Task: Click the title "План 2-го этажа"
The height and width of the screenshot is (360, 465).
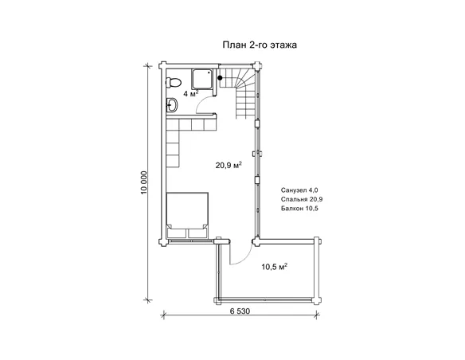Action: (x=260, y=45)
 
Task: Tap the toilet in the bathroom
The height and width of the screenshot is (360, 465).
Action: (x=174, y=82)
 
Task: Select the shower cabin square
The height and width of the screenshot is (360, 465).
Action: (x=202, y=79)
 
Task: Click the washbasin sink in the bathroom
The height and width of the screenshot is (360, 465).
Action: (x=172, y=105)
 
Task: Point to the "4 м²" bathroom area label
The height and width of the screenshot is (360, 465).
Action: (x=190, y=94)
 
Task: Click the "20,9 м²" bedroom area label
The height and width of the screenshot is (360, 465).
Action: (x=229, y=165)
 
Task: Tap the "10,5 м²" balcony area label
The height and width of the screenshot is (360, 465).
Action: (x=275, y=267)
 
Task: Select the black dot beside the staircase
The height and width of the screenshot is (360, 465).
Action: (x=220, y=78)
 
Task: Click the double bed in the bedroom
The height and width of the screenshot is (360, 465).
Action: (x=187, y=215)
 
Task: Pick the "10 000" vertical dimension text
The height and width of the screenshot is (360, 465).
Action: (x=144, y=182)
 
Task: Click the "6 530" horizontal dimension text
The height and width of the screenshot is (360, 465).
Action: (x=240, y=311)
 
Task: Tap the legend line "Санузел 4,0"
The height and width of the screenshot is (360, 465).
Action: (x=299, y=190)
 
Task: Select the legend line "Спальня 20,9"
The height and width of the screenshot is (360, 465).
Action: (x=302, y=199)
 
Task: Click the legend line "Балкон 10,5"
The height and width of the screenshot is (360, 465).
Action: (x=299, y=209)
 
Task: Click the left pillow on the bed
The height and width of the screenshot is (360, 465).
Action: (x=177, y=233)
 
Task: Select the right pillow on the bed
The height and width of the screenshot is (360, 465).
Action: (x=197, y=233)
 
